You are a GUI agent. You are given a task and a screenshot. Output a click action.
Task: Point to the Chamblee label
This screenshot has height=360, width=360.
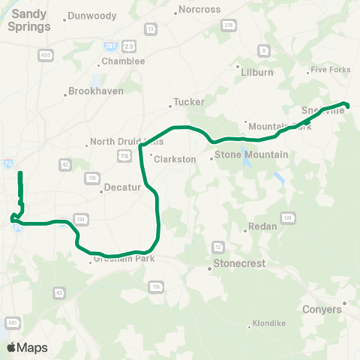(122, 61)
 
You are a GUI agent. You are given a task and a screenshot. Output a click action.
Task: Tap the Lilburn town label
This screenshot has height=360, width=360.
(258, 73)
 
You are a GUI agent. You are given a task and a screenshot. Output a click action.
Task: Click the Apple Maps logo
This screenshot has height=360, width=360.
(27, 347)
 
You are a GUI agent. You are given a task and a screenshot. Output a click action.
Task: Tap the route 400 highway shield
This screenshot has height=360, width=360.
(46, 55)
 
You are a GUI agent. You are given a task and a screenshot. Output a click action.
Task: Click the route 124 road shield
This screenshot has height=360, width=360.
(288, 217)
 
